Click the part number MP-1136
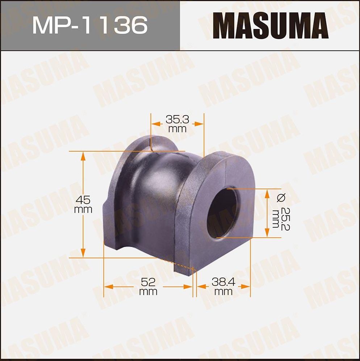[90, 25]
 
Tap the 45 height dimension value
[83, 199]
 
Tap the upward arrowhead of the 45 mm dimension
[83, 156]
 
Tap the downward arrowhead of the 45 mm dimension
[83, 253]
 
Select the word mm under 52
[148, 292]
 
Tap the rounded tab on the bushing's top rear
[164, 143]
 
